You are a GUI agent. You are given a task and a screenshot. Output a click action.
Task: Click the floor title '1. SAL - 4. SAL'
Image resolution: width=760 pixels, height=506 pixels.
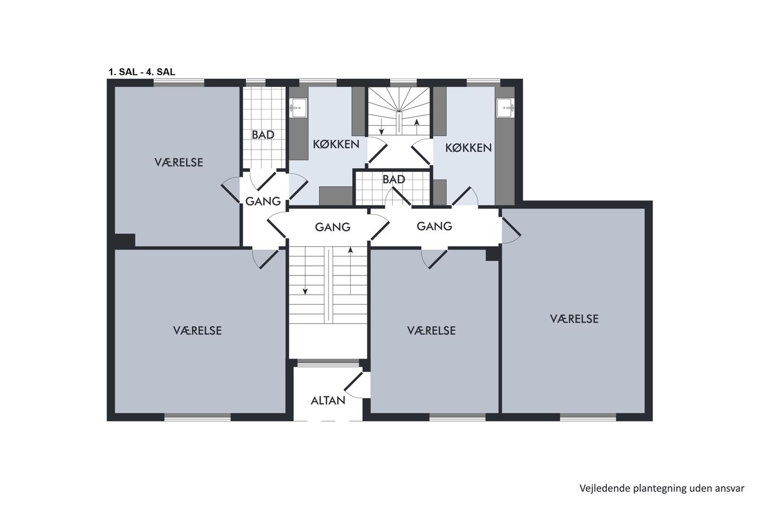coord(142,72)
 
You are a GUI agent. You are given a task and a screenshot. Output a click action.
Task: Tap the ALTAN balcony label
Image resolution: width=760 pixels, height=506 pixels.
coord(328,401)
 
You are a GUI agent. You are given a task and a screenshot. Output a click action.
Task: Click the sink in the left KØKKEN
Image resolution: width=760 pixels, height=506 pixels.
coord(298,108)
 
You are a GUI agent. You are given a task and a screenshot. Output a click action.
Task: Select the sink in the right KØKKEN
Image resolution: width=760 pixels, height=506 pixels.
coord(505,108)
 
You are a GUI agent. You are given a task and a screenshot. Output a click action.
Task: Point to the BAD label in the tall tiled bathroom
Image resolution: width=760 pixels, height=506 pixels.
coord(263,135)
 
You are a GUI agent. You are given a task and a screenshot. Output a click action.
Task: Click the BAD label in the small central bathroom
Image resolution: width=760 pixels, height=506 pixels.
coord(394,180)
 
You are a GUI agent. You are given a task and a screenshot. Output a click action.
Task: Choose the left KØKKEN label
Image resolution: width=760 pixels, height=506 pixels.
coord(336,144)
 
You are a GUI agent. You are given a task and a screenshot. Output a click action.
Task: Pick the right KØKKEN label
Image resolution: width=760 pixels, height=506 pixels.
coord(468,148)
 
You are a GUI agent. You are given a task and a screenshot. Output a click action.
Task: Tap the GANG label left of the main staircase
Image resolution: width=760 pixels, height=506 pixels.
coord(263,201)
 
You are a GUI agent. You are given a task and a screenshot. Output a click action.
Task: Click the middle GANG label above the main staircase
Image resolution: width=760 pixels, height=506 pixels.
coord(332,227)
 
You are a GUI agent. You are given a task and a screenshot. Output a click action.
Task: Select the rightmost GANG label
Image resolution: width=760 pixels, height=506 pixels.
coord(434,226)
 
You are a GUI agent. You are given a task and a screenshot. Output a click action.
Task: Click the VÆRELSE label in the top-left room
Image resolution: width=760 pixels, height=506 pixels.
coord(179,162)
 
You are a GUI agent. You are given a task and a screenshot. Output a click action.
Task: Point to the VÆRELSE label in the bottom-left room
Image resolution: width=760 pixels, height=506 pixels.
coord(198,330)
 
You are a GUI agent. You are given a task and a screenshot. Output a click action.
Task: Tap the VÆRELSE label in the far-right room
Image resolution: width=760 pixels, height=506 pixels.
coord(574,318)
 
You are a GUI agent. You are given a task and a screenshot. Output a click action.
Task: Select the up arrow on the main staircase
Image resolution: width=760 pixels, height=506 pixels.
coord(351,271)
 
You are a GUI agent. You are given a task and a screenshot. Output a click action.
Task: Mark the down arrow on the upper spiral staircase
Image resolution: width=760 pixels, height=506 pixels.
coord(381,127)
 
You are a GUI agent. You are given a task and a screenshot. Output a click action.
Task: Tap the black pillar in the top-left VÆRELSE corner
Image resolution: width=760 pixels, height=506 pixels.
coord(124,240)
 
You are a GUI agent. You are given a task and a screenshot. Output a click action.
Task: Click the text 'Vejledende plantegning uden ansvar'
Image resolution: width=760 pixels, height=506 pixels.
coord(662,489)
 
